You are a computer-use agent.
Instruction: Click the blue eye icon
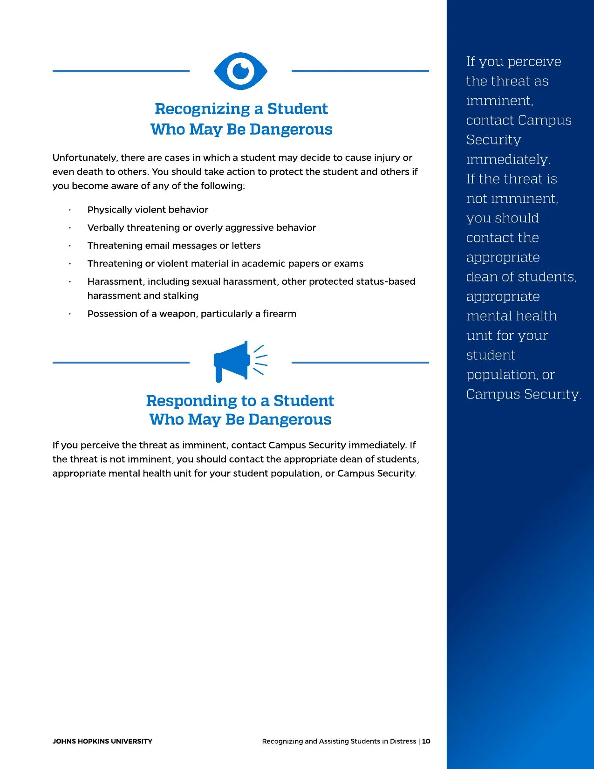click(x=240, y=71)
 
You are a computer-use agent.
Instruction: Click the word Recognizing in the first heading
click(x=202, y=109)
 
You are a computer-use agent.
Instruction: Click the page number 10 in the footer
click(x=426, y=741)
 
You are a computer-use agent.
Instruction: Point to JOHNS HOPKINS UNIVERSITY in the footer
click(x=102, y=741)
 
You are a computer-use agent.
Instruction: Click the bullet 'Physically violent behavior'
click(x=148, y=210)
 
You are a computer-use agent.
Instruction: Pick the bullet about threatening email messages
click(x=174, y=246)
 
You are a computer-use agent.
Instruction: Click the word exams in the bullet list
click(x=348, y=263)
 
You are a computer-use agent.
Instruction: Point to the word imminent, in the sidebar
click(x=499, y=101)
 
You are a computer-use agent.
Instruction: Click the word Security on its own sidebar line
click(x=493, y=140)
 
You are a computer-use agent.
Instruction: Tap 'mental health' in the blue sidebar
click(x=511, y=316)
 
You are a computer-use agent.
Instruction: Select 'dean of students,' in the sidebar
click(x=521, y=277)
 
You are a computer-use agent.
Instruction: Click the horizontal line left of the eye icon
click(x=121, y=71)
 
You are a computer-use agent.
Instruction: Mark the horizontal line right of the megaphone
click(x=360, y=362)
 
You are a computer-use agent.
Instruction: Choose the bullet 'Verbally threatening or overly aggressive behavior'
click(x=201, y=227)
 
